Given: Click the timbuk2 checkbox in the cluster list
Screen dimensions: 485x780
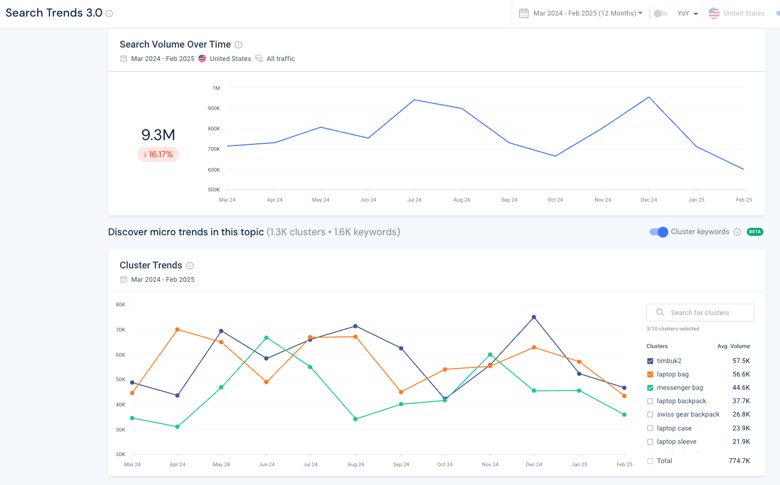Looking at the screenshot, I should [650, 361].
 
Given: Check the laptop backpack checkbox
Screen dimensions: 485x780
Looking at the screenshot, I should [650, 401].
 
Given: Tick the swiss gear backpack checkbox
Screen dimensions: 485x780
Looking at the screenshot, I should [650, 414].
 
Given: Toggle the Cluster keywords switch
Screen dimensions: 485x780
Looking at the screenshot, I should [659, 232].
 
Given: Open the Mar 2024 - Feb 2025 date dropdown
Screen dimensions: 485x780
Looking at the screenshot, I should [588, 13].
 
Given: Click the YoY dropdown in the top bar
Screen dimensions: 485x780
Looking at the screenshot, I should [688, 13].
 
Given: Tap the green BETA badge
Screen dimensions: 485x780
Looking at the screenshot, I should [755, 232].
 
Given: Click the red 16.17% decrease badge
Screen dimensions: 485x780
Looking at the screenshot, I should [158, 155].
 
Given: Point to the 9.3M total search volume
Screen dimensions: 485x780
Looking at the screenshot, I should [158, 135].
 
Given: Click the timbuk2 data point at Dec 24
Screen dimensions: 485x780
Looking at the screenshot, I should [534, 317].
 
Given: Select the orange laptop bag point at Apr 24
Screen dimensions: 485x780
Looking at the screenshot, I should [177, 329].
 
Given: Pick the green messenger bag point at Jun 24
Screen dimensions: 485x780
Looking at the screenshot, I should [266, 338].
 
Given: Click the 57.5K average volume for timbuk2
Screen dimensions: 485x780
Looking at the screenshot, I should [741, 361].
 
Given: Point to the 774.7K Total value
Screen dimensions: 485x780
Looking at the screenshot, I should [739, 461].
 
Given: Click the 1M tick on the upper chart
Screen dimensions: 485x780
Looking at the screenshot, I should [216, 88].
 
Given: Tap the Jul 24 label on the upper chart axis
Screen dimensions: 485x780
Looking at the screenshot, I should [414, 200].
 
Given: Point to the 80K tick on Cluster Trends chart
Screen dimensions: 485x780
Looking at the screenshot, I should [121, 305].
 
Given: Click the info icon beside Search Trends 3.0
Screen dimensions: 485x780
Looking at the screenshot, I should [109, 14].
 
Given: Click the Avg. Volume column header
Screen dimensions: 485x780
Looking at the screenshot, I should [733, 347].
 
